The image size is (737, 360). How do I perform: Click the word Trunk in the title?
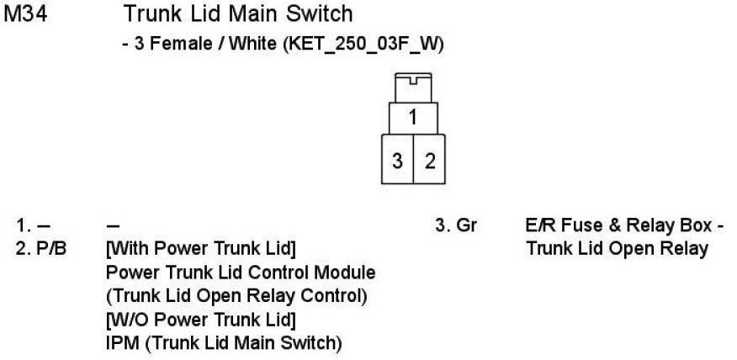[x=149, y=14]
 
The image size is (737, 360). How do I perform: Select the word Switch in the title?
[x=315, y=14]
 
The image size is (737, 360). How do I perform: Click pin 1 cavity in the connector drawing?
[x=413, y=117]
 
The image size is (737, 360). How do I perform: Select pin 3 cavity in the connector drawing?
[x=396, y=160]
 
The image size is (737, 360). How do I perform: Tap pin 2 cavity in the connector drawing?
[x=429, y=160]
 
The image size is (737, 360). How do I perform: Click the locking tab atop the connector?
[x=413, y=86]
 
